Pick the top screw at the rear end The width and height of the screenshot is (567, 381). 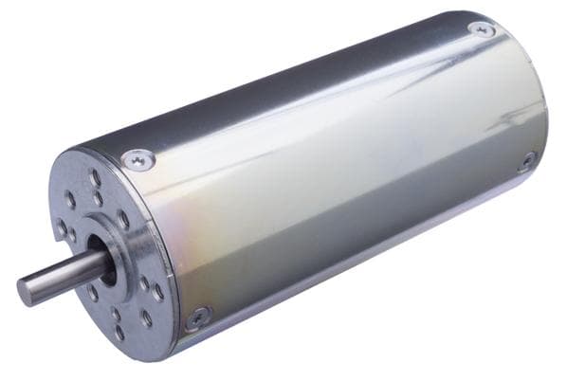click(x=482, y=30)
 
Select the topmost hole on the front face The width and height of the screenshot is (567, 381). click(x=94, y=177)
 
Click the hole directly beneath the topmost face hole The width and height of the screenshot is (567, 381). click(x=99, y=200)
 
